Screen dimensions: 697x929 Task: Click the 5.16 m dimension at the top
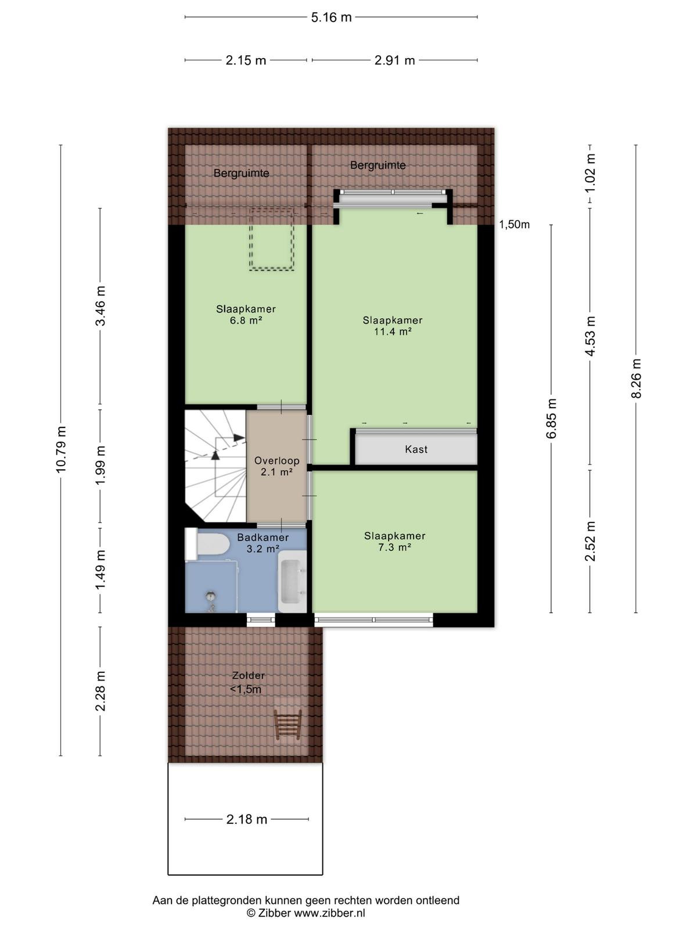(331, 17)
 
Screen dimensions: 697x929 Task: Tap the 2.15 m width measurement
(246, 60)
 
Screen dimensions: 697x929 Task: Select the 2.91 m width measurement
(394, 60)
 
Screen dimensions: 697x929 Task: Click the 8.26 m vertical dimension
(636, 379)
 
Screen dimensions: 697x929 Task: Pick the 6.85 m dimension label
(551, 418)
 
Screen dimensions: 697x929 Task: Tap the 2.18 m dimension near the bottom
(247, 819)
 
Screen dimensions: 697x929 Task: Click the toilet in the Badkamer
(207, 544)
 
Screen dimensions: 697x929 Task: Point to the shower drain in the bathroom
(210, 596)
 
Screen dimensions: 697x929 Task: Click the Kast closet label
(416, 449)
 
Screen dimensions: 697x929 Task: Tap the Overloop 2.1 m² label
(277, 466)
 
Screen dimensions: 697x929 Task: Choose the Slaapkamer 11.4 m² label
(392, 326)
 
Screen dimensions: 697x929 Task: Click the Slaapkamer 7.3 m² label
(394, 541)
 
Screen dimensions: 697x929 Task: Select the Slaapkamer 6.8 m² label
(246, 315)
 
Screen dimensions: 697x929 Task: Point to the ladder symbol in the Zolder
(288, 725)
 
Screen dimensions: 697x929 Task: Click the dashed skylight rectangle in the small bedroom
(271, 239)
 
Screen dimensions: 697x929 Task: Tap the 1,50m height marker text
(514, 224)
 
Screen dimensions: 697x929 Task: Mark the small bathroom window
(261, 621)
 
